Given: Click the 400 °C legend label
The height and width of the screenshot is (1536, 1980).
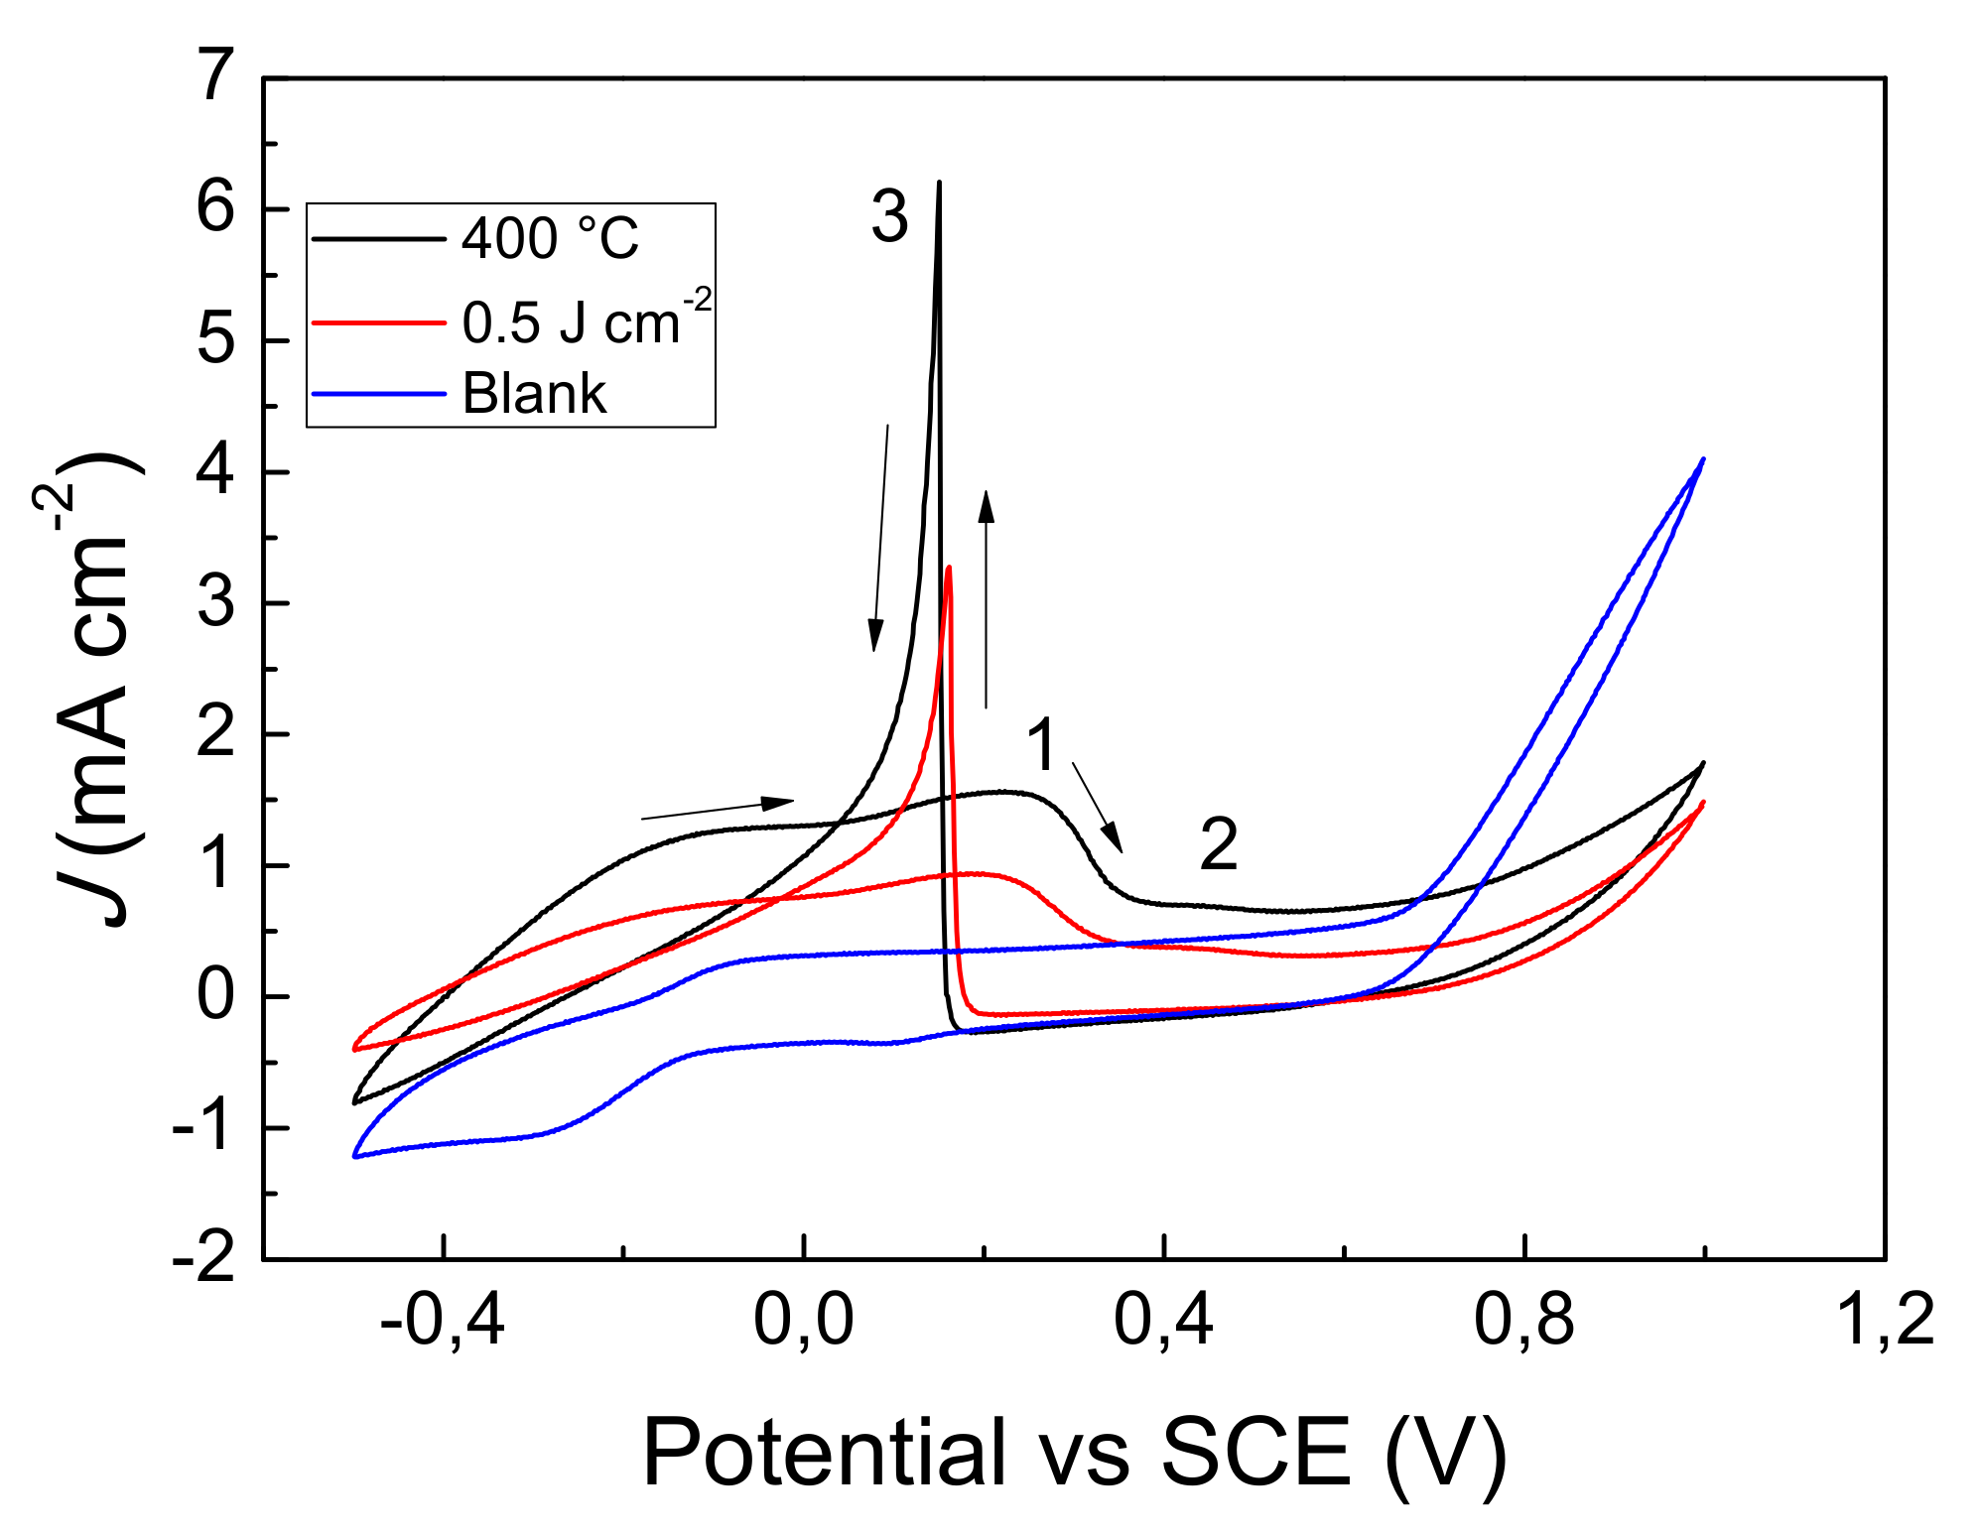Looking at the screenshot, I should click(x=550, y=239).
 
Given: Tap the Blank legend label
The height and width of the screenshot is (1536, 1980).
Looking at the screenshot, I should click(x=534, y=394).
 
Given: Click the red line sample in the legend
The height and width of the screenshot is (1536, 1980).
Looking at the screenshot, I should click(x=378, y=322).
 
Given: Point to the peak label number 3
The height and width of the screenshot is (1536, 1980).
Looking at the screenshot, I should click(x=889, y=217).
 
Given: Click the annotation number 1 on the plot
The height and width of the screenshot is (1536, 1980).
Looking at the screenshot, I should click(x=1041, y=744).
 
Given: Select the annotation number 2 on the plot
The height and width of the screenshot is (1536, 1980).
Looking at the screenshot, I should click(x=1219, y=844).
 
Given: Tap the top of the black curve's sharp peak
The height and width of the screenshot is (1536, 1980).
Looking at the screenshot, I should click(x=939, y=184).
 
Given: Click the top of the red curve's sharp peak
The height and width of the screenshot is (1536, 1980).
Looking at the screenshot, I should click(x=950, y=569).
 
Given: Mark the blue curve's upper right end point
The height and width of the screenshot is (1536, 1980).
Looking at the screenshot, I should click(x=1703, y=459).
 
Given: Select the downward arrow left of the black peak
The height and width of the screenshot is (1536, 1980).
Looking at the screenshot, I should click(x=880, y=537).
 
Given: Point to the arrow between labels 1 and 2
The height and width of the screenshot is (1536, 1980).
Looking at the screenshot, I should click(x=1098, y=807).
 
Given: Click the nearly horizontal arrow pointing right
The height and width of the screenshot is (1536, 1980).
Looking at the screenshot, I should click(x=718, y=809).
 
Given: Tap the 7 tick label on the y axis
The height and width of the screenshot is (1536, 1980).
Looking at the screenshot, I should click(x=216, y=76).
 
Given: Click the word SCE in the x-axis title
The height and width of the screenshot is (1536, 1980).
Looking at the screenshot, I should click(x=1255, y=1452).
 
